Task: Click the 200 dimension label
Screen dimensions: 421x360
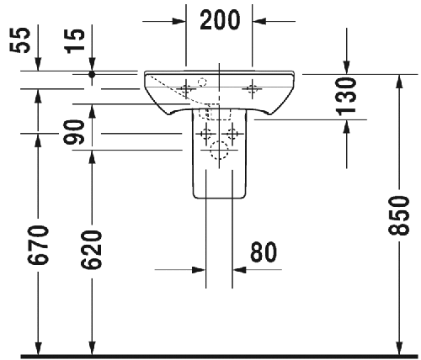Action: tap(220, 19)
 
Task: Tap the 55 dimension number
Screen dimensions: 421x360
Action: tap(20, 40)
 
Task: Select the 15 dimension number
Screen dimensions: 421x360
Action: tap(74, 41)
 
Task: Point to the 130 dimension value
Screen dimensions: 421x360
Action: tap(346, 97)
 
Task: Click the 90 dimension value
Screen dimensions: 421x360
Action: tap(74, 132)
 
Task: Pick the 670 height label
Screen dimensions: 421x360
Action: tap(38, 245)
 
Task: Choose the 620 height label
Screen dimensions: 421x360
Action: tap(91, 250)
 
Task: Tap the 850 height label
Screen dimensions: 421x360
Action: tap(399, 215)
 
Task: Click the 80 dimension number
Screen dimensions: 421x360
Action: tap(264, 252)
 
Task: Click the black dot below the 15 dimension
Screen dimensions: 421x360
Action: tap(92, 74)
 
